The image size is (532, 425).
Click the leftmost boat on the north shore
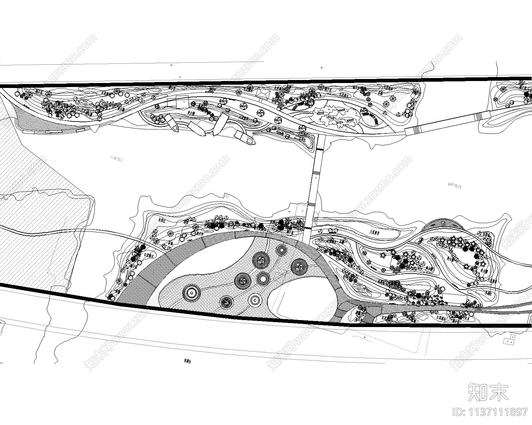pos(172,123)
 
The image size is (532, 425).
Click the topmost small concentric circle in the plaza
pos(282,250)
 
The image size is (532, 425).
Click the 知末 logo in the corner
pos(488,391)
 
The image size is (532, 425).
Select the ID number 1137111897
pos(490,412)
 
